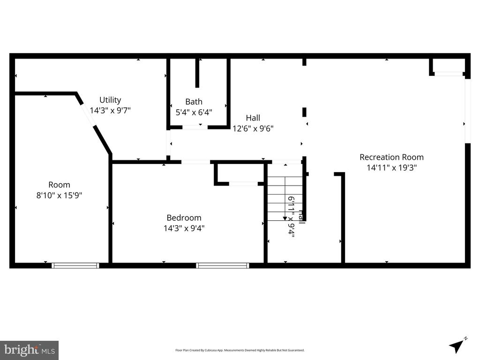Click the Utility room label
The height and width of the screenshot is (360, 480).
[110, 100]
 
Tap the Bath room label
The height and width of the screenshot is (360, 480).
[194, 102]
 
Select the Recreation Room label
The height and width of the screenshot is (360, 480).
[391, 157]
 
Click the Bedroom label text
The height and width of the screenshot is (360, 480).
[184, 217]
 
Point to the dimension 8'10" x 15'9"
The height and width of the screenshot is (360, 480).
[59, 195]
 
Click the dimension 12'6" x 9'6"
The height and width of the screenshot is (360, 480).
[253, 128]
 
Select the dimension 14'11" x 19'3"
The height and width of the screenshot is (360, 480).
[391, 167]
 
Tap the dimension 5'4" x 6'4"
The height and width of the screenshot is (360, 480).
[194, 112]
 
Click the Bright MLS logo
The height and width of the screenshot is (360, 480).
[29, 350]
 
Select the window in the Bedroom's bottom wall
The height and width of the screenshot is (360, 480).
[222, 265]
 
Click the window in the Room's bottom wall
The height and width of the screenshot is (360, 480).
[75, 265]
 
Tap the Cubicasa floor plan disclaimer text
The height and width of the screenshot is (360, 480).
[240, 350]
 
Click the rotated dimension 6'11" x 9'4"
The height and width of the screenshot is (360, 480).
[291, 217]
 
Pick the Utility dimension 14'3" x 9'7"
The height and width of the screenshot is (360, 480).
[110, 111]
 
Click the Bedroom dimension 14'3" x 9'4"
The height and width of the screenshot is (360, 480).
[184, 228]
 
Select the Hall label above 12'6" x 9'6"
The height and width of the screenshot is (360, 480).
[253, 118]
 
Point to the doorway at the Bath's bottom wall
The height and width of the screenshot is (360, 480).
[195, 127]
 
